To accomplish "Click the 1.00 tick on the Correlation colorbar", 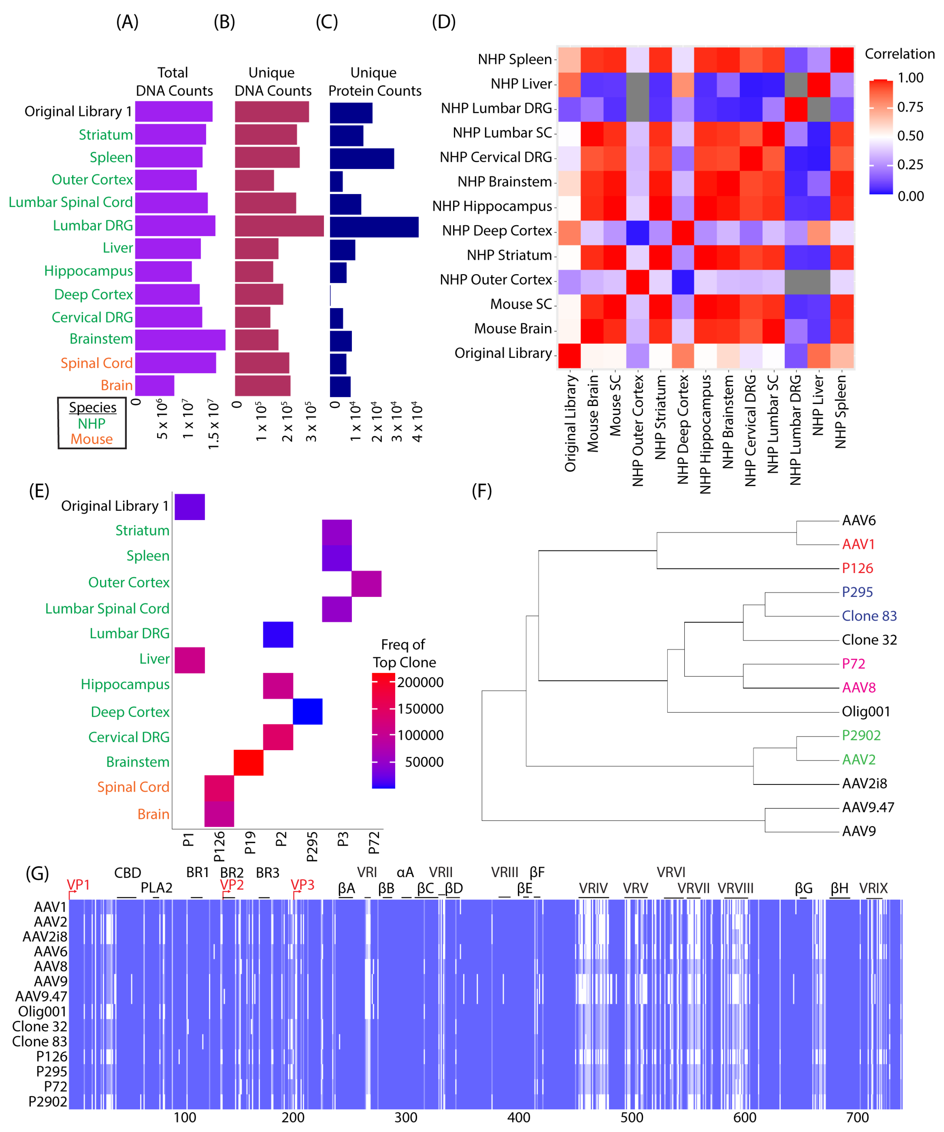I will coord(910,78).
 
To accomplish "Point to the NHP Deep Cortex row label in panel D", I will coord(497,231).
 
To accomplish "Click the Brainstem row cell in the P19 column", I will coord(248,762).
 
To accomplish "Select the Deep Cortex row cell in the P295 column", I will coord(308,712).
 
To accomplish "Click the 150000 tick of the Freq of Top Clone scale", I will coord(420,709).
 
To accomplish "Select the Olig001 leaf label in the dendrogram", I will coord(865,712).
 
